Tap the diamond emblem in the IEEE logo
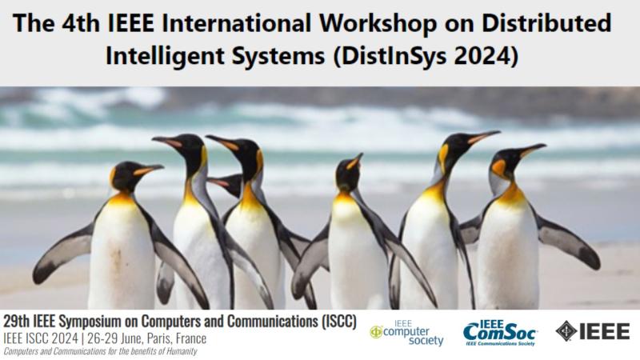tap(566, 330)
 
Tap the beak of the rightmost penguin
tap(531, 150)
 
